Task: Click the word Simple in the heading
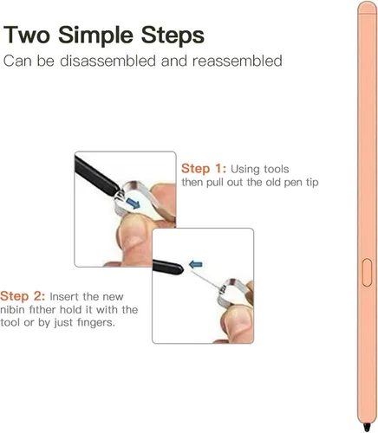tap(95, 36)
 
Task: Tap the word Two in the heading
tap(27, 35)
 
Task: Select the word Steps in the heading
tap(173, 35)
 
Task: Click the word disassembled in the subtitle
tap(108, 61)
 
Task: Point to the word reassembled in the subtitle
tap(238, 61)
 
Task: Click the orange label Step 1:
tap(204, 169)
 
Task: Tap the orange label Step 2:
tap(23, 296)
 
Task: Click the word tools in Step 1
tap(275, 169)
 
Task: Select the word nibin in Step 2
tap(11, 310)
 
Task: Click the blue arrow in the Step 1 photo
tap(133, 204)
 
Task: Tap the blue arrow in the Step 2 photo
tap(196, 264)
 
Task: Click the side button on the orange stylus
tap(367, 273)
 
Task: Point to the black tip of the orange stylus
tap(367, 427)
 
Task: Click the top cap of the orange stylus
tap(368, 8)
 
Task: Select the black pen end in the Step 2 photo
tap(167, 267)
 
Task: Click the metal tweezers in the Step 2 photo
tap(232, 292)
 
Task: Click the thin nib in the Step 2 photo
tap(205, 280)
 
